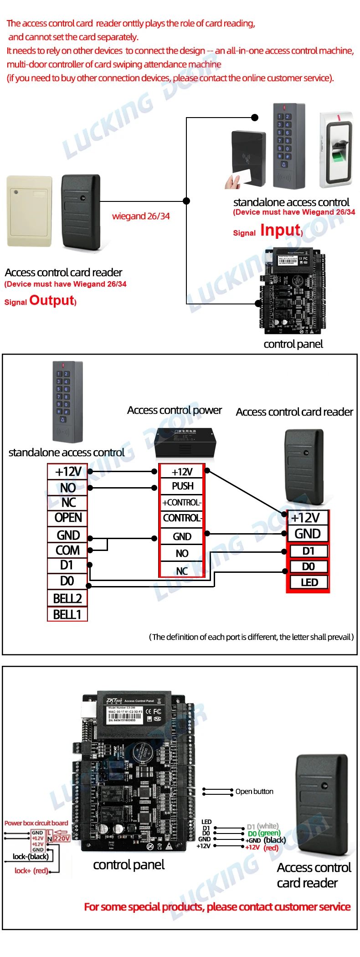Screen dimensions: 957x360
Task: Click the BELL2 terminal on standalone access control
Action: pyautogui.click(x=67, y=598)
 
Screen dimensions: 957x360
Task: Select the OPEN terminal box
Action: pyautogui.click(x=68, y=518)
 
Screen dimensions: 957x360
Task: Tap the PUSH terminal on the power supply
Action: pyautogui.click(x=182, y=486)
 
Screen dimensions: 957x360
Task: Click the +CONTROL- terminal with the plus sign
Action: pyautogui.click(x=182, y=503)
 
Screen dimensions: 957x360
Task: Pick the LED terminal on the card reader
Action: pyautogui.click(x=309, y=582)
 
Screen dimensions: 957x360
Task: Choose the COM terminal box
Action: pyautogui.click(x=67, y=551)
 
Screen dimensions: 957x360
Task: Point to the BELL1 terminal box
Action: pyautogui.click(x=67, y=615)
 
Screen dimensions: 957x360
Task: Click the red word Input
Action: pyautogui.click(x=280, y=231)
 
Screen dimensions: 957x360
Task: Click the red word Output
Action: pyautogui.click(x=51, y=300)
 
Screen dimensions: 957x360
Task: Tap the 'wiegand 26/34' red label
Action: pyautogui.click(x=141, y=216)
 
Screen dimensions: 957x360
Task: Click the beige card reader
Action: pyautogui.click(x=29, y=211)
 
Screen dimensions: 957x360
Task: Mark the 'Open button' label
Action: pyautogui.click(x=254, y=792)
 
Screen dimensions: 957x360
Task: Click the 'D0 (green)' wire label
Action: pyautogui.click(x=264, y=834)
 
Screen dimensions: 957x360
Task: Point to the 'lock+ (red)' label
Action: pyautogui.click(x=31, y=871)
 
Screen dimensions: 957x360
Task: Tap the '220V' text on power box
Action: pyautogui.click(x=62, y=839)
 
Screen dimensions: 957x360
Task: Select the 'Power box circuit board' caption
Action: pyautogui.click(x=36, y=823)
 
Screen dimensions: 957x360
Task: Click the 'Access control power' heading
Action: pyautogui.click(x=175, y=410)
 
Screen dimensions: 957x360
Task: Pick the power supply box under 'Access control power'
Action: pyautogui.click(x=184, y=442)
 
